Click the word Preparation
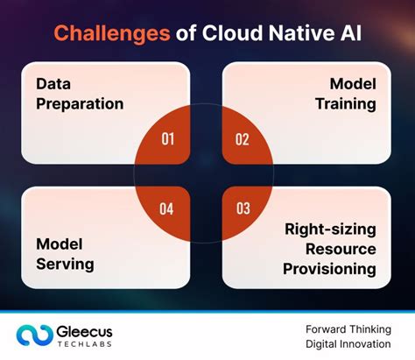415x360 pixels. (x=80, y=103)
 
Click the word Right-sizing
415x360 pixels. (x=330, y=229)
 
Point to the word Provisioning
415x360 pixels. (x=330, y=267)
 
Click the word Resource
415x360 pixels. (x=341, y=248)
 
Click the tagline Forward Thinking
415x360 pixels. (x=348, y=328)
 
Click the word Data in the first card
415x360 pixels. (x=53, y=84)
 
